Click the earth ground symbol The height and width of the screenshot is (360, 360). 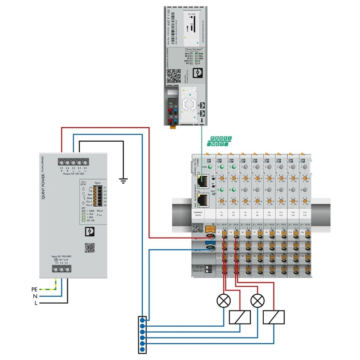click(x=122, y=180)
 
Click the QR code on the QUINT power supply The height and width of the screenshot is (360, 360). click(x=90, y=247)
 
